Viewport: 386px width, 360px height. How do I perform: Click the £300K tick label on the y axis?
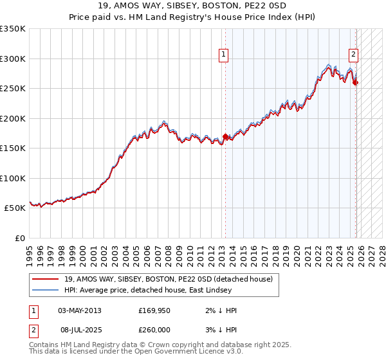[13, 59]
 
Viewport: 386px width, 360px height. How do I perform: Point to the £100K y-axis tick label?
[13, 178]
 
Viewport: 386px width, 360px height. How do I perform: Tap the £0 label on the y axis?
[19, 239]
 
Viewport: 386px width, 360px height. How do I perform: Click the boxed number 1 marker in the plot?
[223, 55]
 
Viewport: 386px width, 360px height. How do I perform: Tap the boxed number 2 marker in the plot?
[354, 55]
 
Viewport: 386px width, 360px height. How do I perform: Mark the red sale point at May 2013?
[225, 136]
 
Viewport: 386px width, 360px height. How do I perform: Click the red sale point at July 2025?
[356, 82]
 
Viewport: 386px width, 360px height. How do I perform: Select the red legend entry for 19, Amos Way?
[169, 279]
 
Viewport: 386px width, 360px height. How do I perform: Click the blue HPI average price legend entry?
[151, 290]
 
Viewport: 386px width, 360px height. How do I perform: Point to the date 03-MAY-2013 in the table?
[79, 310]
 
